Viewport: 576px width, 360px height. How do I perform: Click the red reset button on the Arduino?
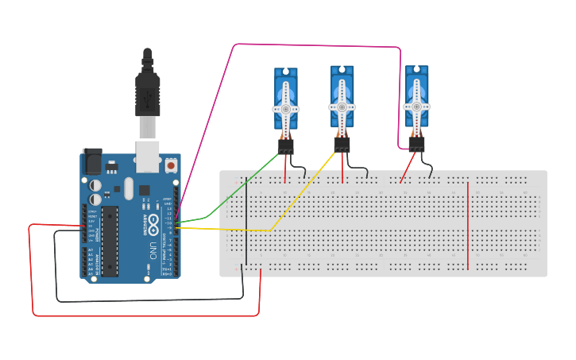coord(171,165)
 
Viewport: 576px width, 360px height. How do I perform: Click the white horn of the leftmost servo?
coord(286,107)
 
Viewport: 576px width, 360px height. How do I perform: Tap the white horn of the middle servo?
coord(342,106)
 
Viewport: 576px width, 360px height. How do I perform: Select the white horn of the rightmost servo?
coord(416,106)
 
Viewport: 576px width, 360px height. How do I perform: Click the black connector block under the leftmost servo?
coord(285,146)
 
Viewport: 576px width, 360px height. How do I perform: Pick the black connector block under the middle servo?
coord(342,145)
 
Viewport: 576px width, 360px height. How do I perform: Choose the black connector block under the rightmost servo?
coord(416,145)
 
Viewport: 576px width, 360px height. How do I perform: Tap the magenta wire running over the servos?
coord(318,45)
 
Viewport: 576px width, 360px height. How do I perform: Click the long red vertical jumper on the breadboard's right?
coord(468,226)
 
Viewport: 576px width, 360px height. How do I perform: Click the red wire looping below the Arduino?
coord(143,315)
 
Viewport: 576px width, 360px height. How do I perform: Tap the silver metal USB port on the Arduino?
coord(148,157)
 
